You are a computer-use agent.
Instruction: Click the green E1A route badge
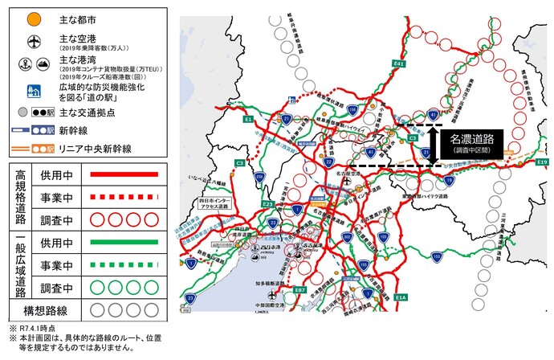click(401, 297)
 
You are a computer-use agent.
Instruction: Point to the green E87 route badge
click(299, 289)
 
